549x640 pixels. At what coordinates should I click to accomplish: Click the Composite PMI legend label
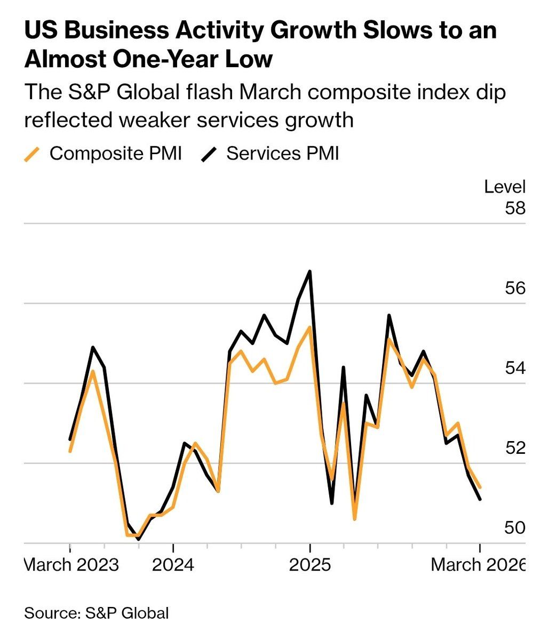coord(116,154)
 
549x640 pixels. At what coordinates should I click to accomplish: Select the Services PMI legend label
coord(283,154)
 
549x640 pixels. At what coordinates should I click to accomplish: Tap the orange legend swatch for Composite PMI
coord(33,154)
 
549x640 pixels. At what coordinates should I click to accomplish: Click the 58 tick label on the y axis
coord(515,208)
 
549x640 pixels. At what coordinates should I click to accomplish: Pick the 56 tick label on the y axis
coord(515,289)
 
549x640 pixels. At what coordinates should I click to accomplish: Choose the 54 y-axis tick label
coord(515,368)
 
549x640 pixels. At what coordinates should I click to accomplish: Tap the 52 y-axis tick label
coord(515,448)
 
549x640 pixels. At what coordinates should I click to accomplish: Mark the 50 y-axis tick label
coord(515,528)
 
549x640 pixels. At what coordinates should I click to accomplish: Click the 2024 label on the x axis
coord(173,564)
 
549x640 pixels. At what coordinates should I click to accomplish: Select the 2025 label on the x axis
coord(309,564)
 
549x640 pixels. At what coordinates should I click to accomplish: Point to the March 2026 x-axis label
coord(478,564)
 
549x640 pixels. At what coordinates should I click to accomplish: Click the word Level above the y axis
coord(505,187)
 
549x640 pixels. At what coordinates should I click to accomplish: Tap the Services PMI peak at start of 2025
coord(309,271)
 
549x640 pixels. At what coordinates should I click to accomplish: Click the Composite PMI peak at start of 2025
coord(309,327)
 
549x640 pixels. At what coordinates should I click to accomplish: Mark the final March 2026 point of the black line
coord(481,499)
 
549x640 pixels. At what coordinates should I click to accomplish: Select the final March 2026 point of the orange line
coord(481,487)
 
